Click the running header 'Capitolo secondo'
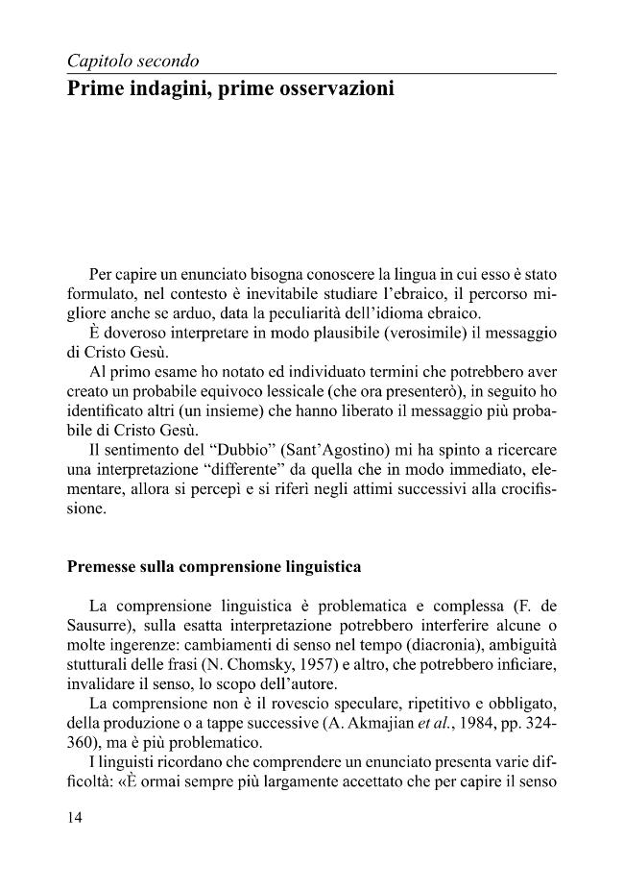[x=132, y=62]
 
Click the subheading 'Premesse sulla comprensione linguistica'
[x=214, y=567]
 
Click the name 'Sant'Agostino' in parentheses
[x=326, y=450]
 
